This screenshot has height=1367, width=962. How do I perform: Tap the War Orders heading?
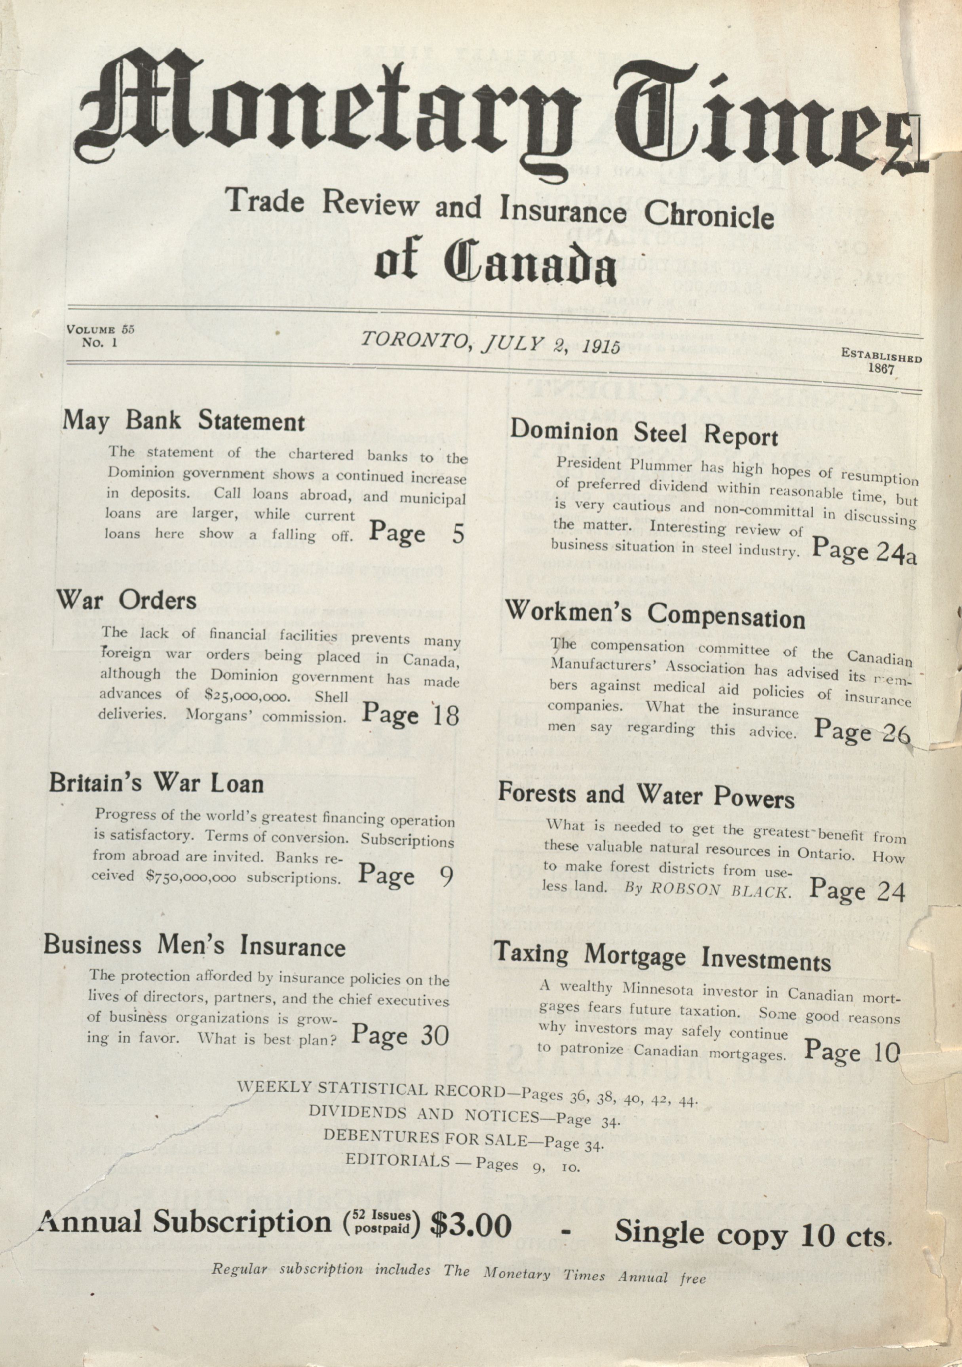126,599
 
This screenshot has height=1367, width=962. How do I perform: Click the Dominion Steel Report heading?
644,433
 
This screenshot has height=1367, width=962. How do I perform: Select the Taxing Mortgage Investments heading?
662,957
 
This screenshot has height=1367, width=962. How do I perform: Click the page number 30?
434,1036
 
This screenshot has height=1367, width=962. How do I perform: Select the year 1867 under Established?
882,369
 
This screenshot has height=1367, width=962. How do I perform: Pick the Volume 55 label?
101,329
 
